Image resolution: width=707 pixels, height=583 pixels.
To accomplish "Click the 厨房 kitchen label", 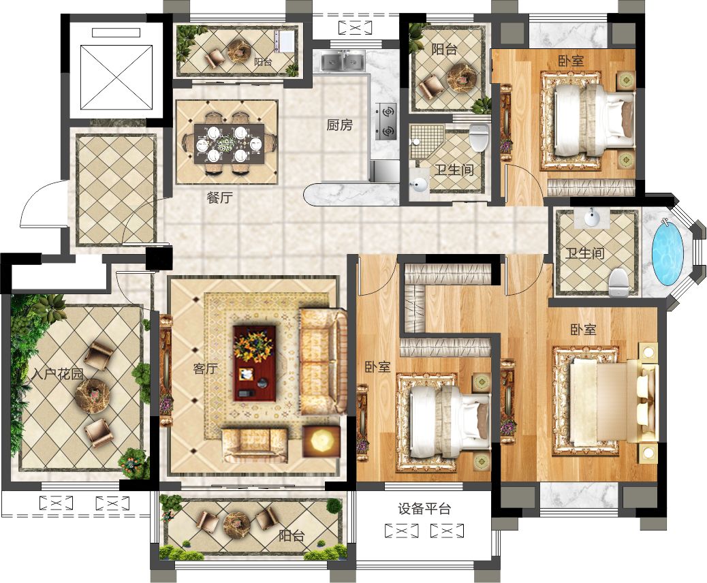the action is [339, 125].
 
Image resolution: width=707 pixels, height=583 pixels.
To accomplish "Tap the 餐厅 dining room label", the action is [220, 198].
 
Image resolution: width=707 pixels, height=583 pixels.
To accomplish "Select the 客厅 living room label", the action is [205, 369].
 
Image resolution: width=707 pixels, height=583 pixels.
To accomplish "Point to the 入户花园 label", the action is [58, 374].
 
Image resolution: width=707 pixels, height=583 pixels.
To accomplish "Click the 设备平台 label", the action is [424, 509].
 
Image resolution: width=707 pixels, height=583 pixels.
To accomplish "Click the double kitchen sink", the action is [342, 62].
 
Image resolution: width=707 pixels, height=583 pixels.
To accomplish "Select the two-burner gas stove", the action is [386, 121].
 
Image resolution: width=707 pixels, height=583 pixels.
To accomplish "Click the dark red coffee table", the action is [254, 364].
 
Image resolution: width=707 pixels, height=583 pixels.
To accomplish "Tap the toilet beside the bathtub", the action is [619, 282].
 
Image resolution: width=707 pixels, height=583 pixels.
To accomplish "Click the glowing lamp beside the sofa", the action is [321, 441].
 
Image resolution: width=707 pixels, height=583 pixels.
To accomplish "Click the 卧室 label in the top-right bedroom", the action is [571, 61].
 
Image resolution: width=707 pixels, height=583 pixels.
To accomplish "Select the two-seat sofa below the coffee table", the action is [255, 445].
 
